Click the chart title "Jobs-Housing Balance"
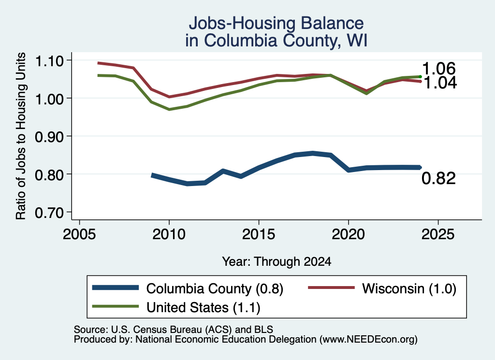(276, 23)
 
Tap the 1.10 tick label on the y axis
(49, 61)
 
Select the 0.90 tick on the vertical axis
(49, 137)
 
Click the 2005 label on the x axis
(79, 234)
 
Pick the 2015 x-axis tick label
(259, 234)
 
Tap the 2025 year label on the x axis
(438, 234)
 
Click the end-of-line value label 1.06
(439, 69)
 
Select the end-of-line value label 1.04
(440, 83)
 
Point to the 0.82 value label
(439, 178)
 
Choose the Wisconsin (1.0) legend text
(409, 288)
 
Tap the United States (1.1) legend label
(204, 307)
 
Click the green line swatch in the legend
(115, 306)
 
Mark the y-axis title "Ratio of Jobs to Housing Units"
(20, 136)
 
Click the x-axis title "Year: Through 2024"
(277, 261)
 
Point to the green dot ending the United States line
(420, 76)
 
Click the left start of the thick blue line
(152, 175)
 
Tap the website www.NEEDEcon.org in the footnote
(368, 339)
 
